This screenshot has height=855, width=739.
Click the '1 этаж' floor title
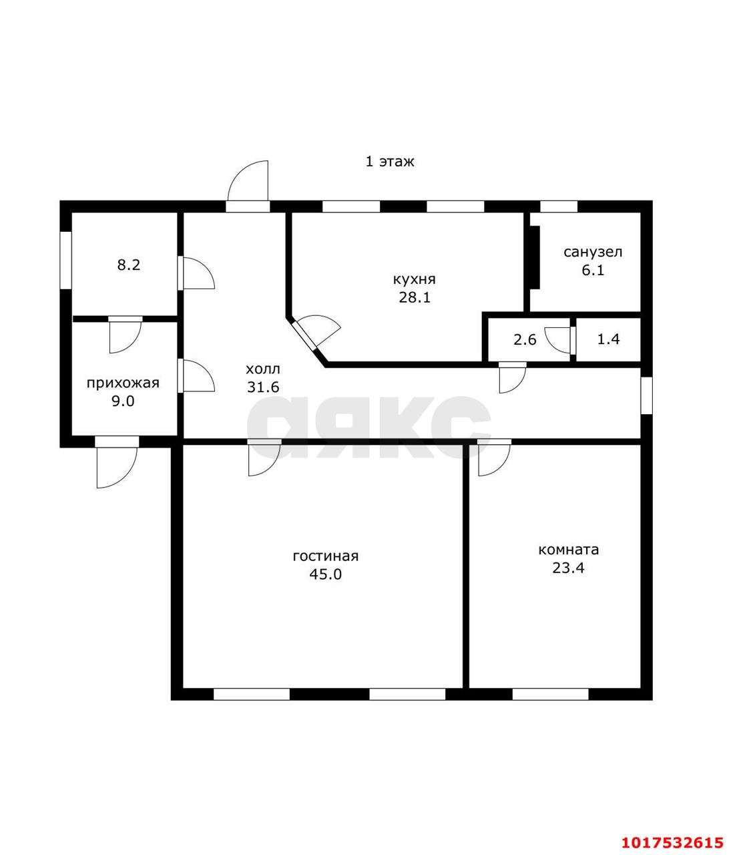click(x=389, y=162)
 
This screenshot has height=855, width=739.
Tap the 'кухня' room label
click(x=414, y=279)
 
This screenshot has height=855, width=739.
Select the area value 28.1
click(x=415, y=297)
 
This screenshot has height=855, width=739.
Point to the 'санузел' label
click(x=593, y=252)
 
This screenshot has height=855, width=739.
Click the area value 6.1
click(x=593, y=270)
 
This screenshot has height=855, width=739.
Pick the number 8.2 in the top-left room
click(x=129, y=265)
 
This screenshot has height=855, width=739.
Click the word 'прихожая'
click(x=123, y=383)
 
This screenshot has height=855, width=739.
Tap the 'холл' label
click(x=263, y=369)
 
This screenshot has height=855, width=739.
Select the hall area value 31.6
click(x=263, y=387)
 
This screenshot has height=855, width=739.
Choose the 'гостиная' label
click(x=326, y=556)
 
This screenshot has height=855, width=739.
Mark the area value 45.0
click(x=326, y=574)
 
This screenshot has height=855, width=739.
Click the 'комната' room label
click(x=568, y=550)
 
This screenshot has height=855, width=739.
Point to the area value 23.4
click(x=568, y=568)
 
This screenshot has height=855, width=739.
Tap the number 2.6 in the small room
click(x=525, y=339)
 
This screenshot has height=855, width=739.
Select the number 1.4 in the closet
click(x=608, y=339)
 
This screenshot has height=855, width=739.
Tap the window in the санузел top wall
click(x=558, y=206)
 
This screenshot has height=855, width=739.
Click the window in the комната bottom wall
click(x=550, y=695)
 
